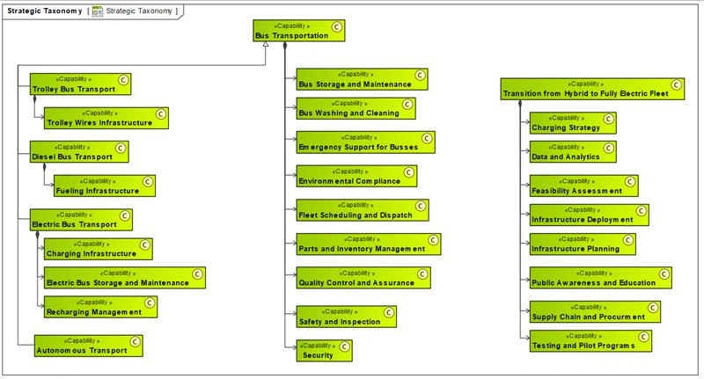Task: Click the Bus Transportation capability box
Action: pos(298,32)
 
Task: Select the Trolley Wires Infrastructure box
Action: pos(106,118)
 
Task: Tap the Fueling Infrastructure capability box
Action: pos(104,186)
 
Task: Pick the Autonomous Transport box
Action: pos(87,346)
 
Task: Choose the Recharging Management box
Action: pos(100,307)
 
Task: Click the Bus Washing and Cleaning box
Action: pos(356,108)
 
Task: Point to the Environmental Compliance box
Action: pos(356,176)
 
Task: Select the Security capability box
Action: pos(324,350)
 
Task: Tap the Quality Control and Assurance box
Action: pos(363,278)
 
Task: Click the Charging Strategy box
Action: pos(573,122)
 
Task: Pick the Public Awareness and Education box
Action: pos(601,278)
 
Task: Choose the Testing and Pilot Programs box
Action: pos(590,341)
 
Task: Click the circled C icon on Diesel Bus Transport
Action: pos(121,148)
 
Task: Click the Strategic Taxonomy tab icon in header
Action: pos(97,11)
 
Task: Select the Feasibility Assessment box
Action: pos(583,186)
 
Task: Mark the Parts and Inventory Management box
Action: pos(368,244)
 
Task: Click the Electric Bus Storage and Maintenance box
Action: pos(124,278)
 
